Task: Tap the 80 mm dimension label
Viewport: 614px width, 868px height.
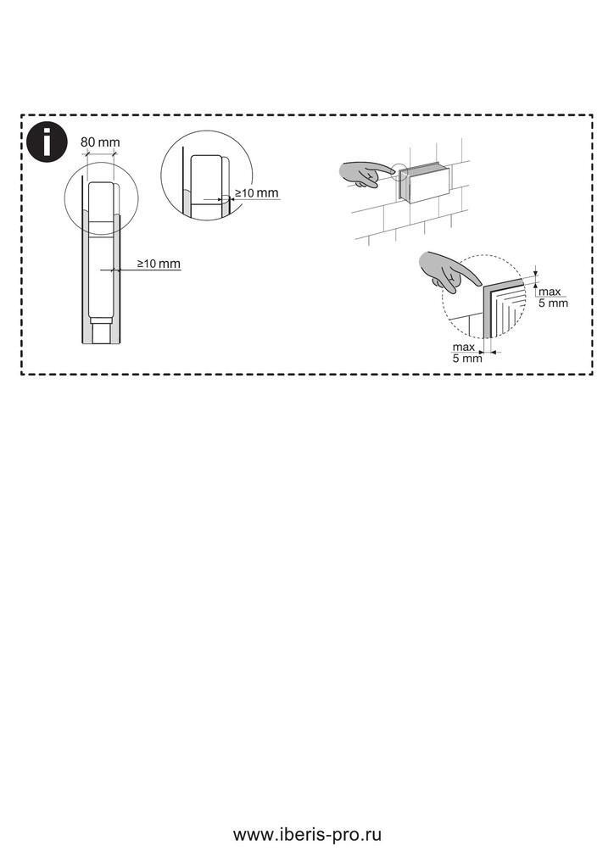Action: click(100, 142)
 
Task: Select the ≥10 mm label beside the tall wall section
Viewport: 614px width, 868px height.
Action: click(159, 264)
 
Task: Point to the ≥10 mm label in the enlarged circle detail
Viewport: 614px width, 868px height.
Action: click(256, 192)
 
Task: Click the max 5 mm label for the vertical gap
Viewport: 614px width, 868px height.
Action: click(553, 298)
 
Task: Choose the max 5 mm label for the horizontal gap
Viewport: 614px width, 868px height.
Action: click(467, 353)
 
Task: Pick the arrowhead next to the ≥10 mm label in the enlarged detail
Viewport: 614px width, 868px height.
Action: click(231, 198)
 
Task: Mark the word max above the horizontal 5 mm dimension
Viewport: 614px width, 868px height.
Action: click(463, 347)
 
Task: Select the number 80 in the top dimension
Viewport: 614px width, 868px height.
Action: click(88, 142)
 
